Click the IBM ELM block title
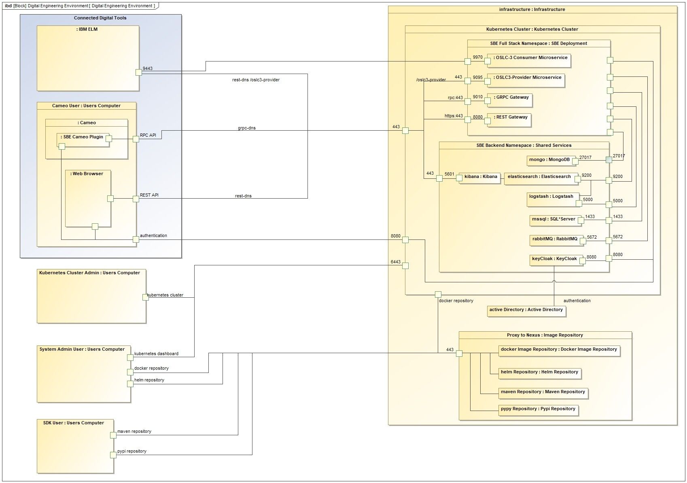click(x=87, y=29)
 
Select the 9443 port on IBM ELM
click(x=138, y=72)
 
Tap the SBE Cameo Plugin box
click(x=83, y=138)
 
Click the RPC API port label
click(x=148, y=135)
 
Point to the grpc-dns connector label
click(x=246, y=128)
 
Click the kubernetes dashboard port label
click(x=156, y=354)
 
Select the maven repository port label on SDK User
click(x=134, y=431)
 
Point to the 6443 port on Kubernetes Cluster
click(x=405, y=266)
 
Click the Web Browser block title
click(x=87, y=174)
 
